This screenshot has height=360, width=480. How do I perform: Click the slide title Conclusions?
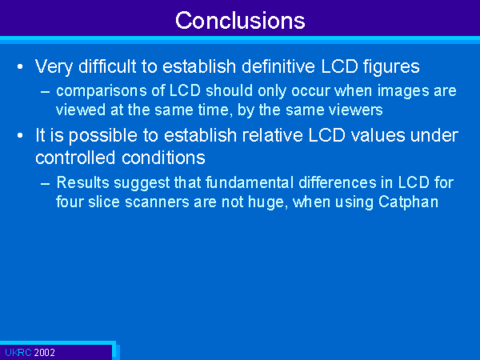point(240,20)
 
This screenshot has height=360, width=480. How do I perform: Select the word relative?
point(273,135)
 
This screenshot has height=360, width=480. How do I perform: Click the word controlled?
point(75,158)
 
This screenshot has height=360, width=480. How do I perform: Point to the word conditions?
point(163,158)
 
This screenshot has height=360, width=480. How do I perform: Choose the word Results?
point(83,182)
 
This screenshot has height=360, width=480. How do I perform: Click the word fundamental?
point(250,182)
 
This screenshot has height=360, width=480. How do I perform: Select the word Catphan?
point(408,202)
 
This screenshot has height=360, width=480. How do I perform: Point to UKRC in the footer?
point(18,353)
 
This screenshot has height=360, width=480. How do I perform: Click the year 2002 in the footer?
point(44,353)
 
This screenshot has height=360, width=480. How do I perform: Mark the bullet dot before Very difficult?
point(20,66)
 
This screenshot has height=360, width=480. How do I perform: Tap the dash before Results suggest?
point(46,183)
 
